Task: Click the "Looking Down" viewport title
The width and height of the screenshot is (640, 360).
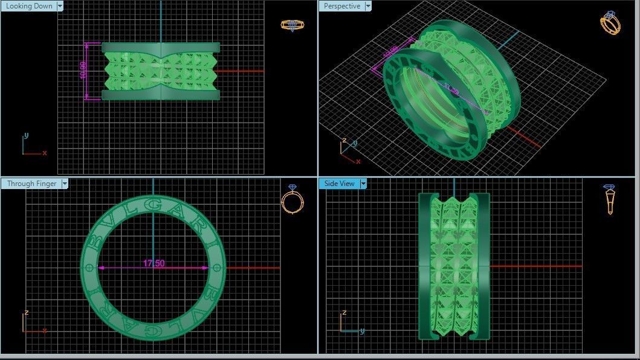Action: pyautogui.click(x=29, y=6)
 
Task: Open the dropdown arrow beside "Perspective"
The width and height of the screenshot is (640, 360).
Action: pyautogui.click(x=367, y=6)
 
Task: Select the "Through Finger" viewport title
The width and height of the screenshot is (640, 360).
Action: pyautogui.click(x=31, y=184)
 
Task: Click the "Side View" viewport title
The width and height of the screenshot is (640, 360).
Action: pyautogui.click(x=339, y=184)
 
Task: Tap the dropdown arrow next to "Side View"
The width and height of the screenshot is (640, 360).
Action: pyautogui.click(x=363, y=184)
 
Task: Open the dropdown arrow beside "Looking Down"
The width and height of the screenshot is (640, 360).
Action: pyautogui.click(x=59, y=6)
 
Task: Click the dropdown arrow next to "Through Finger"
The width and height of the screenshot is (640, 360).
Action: pyautogui.click(x=63, y=184)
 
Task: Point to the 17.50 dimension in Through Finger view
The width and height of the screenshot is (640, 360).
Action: pyautogui.click(x=154, y=263)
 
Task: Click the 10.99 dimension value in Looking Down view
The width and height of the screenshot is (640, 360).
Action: pyautogui.click(x=83, y=71)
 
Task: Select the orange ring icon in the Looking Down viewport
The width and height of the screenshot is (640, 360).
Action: pyautogui.click(x=293, y=25)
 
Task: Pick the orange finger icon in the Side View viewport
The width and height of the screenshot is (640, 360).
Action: pyautogui.click(x=609, y=199)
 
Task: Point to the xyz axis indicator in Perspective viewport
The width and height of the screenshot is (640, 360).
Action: pyautogui.click(x=347, y=151)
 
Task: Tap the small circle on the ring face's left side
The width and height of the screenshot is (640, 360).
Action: pyautogui.click(x=90, y=267)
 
